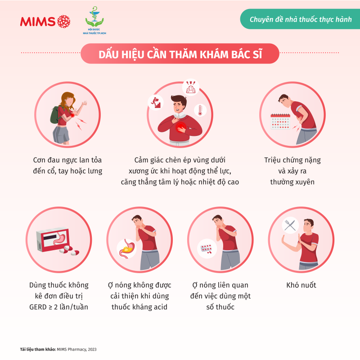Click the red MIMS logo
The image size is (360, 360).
45,22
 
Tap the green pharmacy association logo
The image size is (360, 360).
94,20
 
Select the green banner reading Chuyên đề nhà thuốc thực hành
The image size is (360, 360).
300,19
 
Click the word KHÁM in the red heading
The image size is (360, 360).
214,54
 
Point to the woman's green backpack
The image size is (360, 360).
55,115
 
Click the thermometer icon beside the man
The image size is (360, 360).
200,110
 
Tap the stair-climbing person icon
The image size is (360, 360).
156,103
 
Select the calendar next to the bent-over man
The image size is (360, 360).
280,121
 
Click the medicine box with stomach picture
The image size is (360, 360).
53,239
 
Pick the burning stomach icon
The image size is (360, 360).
126,249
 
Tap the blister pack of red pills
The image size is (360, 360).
207,248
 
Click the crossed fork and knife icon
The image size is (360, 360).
290,225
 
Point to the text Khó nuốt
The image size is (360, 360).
301,285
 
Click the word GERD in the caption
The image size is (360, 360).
38,307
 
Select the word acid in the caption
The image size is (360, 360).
159,307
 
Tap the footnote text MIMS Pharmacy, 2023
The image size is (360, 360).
76,349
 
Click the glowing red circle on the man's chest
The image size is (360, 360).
181,127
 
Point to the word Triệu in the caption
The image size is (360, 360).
272,160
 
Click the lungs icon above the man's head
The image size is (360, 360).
190,88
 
